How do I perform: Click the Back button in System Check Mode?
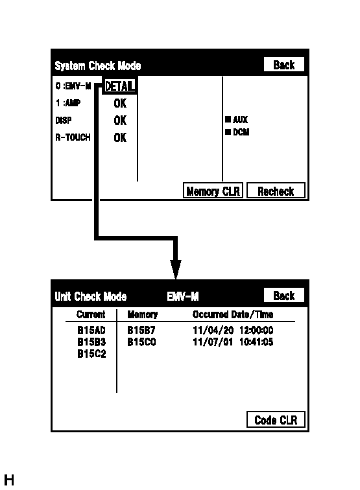(x=284, y=65)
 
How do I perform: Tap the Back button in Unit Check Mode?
(x=284, y=296)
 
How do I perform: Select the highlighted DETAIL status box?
(x=119, y=86)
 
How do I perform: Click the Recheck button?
(x=276, y=191)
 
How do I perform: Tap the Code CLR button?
(x=276, y=420)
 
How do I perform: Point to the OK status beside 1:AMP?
(x=120, y=103)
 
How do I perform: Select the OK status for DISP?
(x=120, y=121)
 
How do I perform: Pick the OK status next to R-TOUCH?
(x=120, y=137)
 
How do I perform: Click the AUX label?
(x=240, y=120)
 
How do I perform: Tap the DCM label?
(x=241, y=132)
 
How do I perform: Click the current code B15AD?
(x=91, y=330)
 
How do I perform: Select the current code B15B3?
(x=91, y=342)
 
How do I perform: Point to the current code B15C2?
(x=91, y=354)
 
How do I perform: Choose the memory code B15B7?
(x=141, y=330)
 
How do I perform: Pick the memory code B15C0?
(x=141, y=342)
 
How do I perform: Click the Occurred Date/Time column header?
(x=233, y=315)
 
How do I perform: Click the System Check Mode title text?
(x=97, y=65)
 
